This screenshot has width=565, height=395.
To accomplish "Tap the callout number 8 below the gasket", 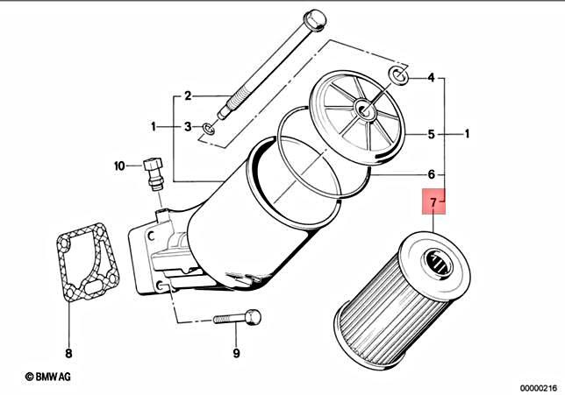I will coord(69,354).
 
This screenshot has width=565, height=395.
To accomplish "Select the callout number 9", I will coord(236,354).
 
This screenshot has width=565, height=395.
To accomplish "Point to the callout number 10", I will coord(120,165).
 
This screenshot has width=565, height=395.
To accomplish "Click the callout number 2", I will coord(187,95).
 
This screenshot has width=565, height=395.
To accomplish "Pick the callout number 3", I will coord(187,128).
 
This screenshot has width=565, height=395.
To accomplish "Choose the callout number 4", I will coord(431,78).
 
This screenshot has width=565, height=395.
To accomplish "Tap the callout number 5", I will coord(431,135).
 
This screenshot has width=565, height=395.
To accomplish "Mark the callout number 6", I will coord(431,173).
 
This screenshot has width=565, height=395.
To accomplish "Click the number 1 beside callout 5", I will coord(468,135).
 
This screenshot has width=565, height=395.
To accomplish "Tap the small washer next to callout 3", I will coord(207,130).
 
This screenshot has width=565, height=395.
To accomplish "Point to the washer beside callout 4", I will coord(398,74).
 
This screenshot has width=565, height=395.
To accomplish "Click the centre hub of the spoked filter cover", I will coord(361,110).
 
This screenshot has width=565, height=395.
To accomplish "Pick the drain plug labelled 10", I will coord(154,172).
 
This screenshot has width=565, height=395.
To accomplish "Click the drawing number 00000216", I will coord(536,386).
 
